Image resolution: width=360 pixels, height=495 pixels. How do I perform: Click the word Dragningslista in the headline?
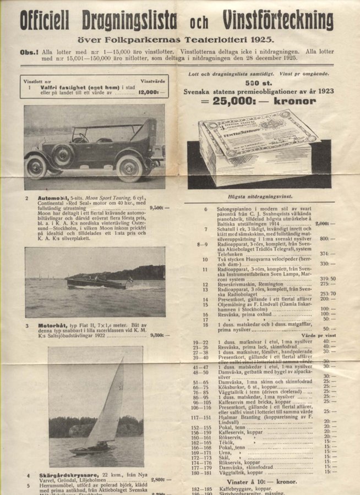tap(129, 21)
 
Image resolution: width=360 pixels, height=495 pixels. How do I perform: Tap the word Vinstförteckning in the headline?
tap(278, 21)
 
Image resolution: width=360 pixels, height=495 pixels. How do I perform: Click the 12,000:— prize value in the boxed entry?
tap(152, 93)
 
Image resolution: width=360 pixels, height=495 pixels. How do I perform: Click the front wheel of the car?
tap(130, 168)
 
